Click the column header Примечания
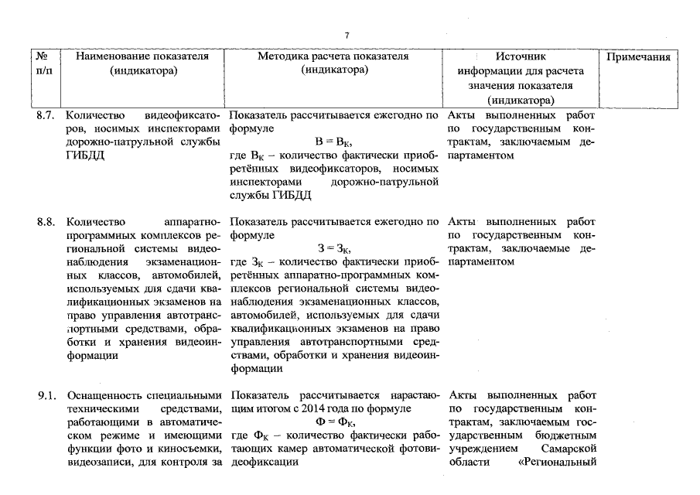[638, 56]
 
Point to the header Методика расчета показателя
[333, 56]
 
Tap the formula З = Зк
[334, 249]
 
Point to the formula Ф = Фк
[334, 422]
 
